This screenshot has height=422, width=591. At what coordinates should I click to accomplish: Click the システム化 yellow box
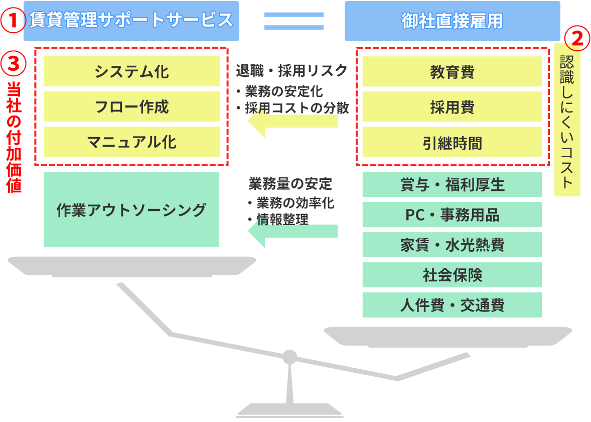(131, 71)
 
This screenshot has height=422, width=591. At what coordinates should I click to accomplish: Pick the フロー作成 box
(131, 107)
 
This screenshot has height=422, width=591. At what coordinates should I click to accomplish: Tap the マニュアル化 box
(131, 142)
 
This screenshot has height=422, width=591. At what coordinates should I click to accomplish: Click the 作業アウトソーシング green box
(131, 209)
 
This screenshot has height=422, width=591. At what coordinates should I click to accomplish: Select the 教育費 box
(452, 71)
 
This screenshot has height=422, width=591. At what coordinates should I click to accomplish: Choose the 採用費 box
(452, 107)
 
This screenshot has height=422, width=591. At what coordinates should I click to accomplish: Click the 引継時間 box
(452, 142)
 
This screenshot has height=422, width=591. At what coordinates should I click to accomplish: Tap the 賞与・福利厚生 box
(452, 184)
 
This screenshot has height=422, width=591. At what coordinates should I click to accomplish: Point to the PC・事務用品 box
(452, 215)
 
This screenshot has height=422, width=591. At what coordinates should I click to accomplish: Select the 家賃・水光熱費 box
(452, 245)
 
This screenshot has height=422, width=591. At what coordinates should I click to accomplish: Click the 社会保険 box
(452, 275)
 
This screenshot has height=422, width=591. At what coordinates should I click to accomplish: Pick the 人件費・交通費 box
(452, 305)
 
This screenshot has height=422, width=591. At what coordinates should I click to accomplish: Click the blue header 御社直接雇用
(452, 21)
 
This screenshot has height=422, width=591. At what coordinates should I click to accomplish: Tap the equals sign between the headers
(294, 21)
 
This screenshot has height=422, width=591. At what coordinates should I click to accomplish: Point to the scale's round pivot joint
(289, 357)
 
